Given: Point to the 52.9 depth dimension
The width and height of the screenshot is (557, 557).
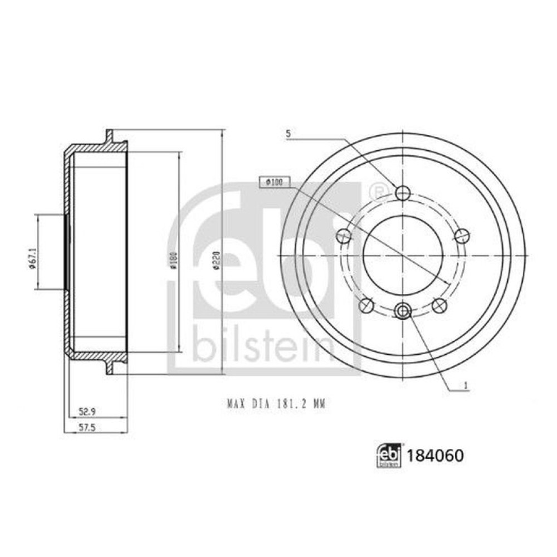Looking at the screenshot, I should click(85, 412).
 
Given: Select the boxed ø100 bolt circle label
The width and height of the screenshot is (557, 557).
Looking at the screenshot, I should click(273, 182).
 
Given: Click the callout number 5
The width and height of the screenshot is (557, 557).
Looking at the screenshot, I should click(288, 134).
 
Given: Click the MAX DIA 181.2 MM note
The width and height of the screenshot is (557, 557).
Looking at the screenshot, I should click(275, 405).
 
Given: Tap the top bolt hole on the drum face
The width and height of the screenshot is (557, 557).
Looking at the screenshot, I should click(403, 193).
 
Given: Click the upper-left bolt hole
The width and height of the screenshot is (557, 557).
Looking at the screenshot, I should click(344, 236).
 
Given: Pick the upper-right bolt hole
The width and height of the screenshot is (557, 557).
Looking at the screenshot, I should click(461, 236).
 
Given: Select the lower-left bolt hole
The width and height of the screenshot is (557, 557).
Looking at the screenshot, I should click(366, 305).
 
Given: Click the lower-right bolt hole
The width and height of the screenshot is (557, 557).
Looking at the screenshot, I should click(439, 305).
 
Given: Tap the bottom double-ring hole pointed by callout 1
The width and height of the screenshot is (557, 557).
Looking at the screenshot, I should click(403, 310).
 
